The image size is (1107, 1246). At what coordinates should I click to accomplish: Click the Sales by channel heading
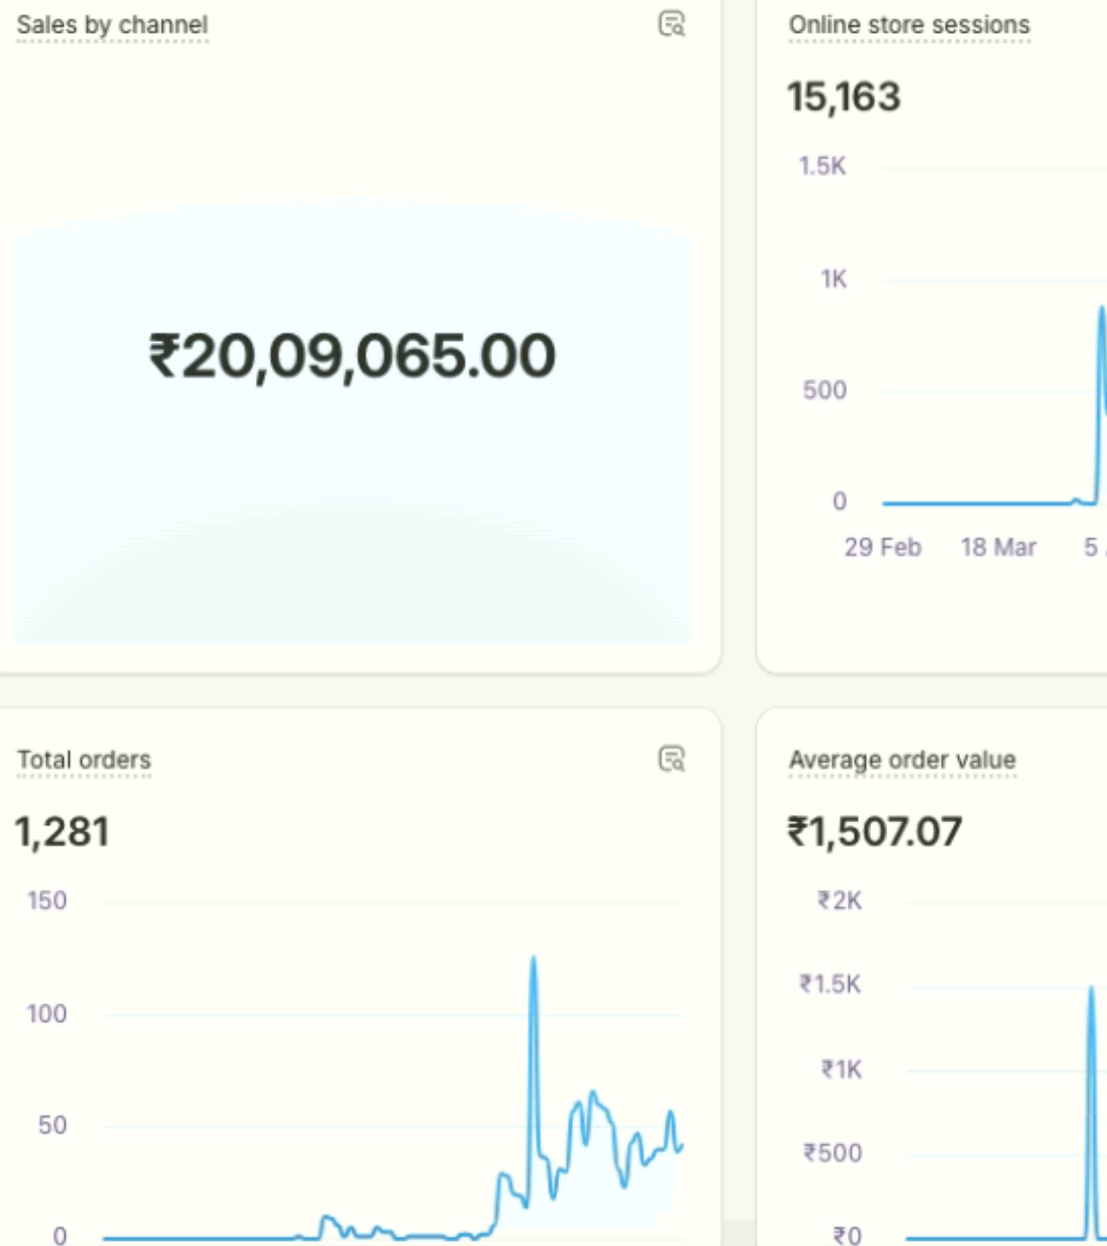click(x=112, y=25)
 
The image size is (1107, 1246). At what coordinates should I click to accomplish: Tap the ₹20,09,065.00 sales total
click(x=352, y=356)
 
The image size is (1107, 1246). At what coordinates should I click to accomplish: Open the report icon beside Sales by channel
click(x=671, y=24)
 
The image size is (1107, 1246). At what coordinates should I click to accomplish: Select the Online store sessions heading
click(x=909, y=25)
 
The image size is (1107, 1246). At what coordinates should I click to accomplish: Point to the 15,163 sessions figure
click(x=844, y=96)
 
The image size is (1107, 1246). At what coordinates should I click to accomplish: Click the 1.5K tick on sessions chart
click(x=823, y=166)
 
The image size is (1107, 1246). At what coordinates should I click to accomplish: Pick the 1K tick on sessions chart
click(x=834, y=279)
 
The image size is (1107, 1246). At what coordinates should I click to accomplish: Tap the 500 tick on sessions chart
click(x=825, y=390)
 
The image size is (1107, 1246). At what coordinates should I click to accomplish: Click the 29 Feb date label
click(x=883, y=548)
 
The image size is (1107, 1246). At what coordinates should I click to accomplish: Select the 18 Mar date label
click(x=998, y=548)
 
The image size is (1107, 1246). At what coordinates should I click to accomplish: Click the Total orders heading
click(x=84, y=760)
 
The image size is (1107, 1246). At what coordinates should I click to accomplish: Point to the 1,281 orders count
click(x=62, y=831)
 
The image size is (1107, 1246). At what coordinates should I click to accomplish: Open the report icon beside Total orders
click(x=671, y=759)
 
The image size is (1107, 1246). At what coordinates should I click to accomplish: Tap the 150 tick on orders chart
click(x=47, y=901)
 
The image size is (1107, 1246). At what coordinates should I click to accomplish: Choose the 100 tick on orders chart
click(x=47, y=1014)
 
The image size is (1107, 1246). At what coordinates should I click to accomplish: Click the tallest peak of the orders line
click(x=533, y=959)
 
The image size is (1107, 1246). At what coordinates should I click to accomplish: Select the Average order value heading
click(x=902, y=760)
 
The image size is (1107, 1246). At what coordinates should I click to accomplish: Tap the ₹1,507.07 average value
click(x=875, y=831)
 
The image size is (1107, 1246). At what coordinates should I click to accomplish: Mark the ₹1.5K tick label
click(x=831, y=984)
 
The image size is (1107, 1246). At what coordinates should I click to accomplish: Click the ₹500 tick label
click(x=833, y=1153)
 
